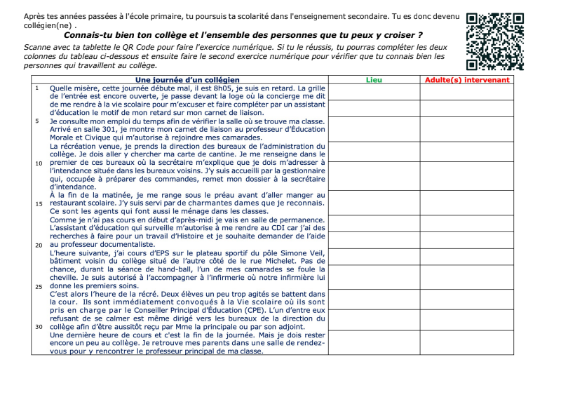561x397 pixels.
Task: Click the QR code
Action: click(495, 41)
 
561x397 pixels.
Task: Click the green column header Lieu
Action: click(374, 80)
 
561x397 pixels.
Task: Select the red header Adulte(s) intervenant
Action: click(467, 80)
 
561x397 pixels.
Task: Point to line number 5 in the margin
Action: click(37, 121)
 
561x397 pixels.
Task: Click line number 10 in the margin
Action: click(39, 163)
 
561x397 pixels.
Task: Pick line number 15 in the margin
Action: click(39, 203)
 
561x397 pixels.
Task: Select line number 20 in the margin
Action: click(39, 245)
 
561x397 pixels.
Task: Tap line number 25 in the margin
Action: click(39, 286)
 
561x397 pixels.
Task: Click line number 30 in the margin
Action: click(39, 327)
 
